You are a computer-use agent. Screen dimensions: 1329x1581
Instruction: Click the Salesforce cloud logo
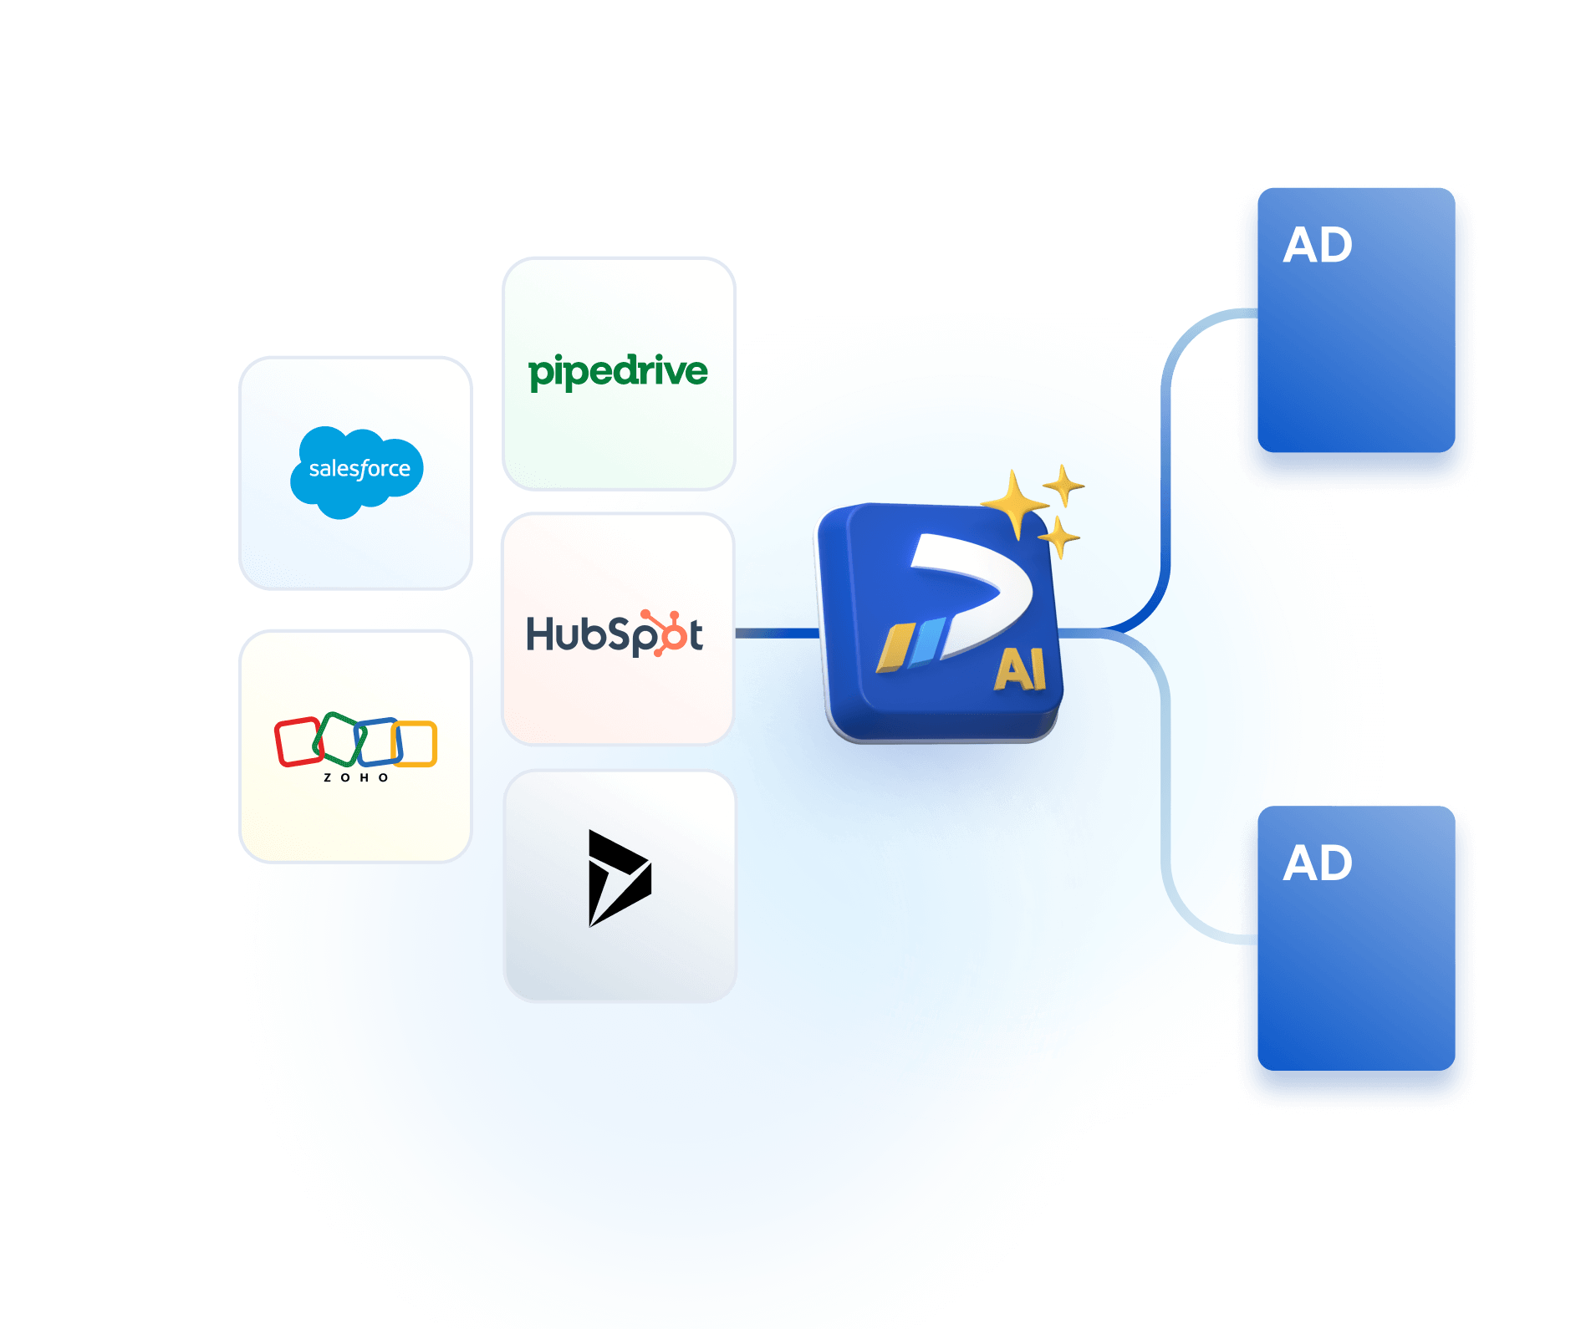point(357,471)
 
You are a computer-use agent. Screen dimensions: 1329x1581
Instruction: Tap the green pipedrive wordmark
point(618,371)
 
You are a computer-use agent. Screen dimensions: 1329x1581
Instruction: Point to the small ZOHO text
point(356,777)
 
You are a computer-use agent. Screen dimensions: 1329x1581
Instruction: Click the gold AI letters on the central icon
point(1020,670)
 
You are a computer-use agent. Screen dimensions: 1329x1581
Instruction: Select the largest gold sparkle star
point(1014,504)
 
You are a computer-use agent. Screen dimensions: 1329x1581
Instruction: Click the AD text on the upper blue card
point(1318,246)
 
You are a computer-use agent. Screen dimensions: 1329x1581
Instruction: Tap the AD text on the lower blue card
point(1318,863)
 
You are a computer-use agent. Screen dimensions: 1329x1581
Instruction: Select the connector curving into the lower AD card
point(1166,794)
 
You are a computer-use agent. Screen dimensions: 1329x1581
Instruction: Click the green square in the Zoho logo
point(339,737)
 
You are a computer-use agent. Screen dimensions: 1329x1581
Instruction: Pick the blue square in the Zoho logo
point(379,741)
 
